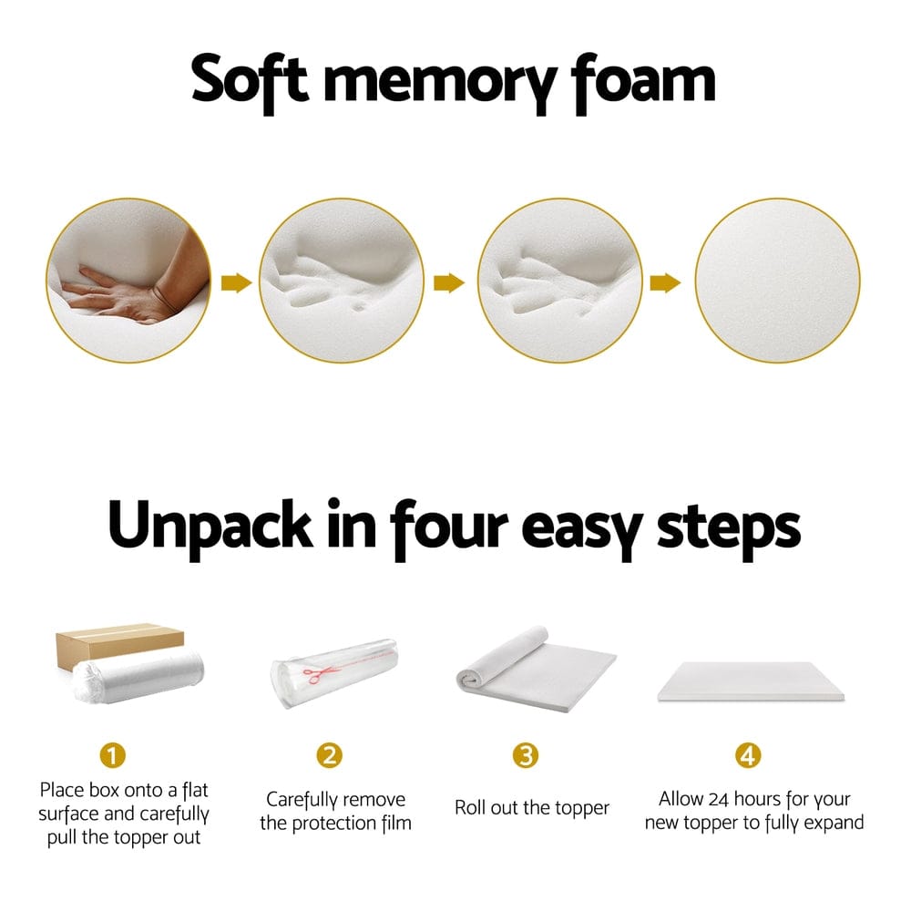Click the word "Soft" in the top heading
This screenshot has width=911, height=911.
[x=249, y=81]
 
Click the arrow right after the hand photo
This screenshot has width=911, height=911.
[x=236, y=283]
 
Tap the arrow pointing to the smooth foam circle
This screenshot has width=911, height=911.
[x=666, y=283]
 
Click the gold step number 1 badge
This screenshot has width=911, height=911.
[x=113, y=755]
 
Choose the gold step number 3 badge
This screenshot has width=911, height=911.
[x=525, y=755]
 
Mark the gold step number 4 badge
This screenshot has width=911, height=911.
[x=747, y=755]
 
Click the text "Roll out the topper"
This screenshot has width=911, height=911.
[x=532, y=807]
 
